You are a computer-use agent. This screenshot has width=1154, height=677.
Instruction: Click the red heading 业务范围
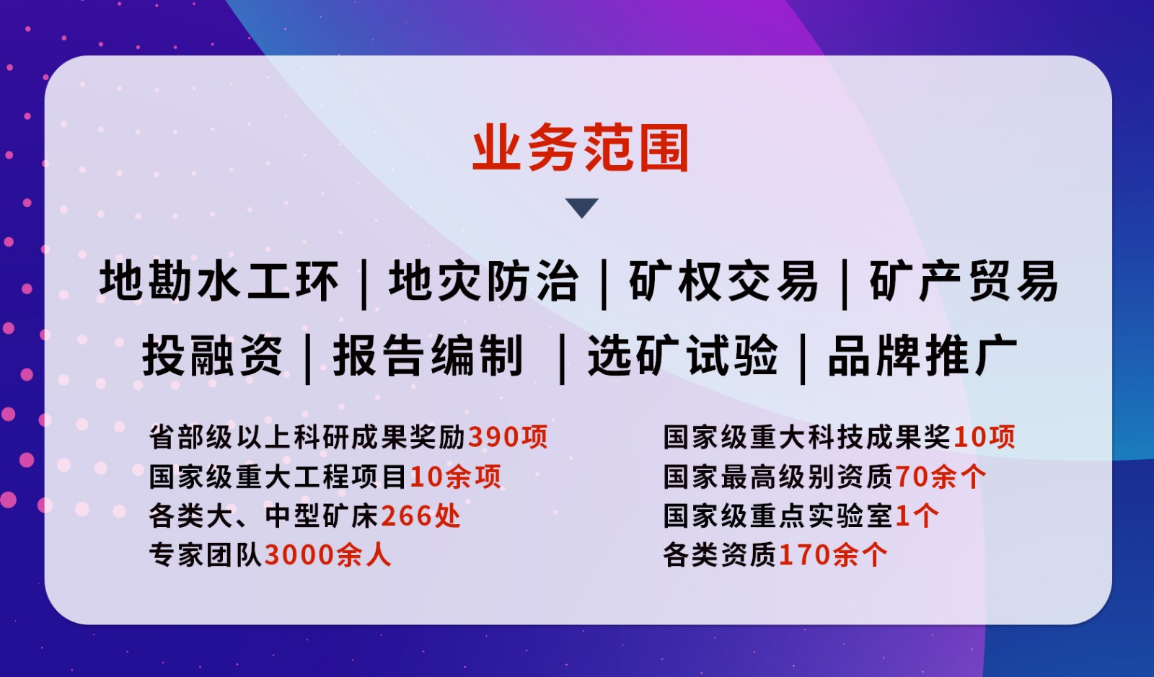(581, 148)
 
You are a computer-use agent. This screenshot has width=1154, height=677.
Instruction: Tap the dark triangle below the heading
(581, 208)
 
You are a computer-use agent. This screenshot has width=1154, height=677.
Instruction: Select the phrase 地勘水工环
(219, 281)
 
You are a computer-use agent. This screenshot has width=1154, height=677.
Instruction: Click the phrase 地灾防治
(483, 281)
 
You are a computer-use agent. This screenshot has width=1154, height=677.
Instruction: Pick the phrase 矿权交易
(723, 281)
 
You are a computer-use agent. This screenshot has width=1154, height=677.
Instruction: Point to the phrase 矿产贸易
(964, 281)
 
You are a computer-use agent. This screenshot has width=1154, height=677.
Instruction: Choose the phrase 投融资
(212, 355)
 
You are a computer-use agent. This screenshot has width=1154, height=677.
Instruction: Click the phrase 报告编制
(428, 355)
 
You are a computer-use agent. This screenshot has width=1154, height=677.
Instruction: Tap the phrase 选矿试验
(682, 355)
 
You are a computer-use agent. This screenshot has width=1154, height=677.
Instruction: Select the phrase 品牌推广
(922, 355)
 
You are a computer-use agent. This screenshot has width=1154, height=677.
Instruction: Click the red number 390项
(508, 437)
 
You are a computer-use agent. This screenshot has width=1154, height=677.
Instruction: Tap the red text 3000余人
(327, 555)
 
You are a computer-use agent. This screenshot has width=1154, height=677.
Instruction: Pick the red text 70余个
(941, 477)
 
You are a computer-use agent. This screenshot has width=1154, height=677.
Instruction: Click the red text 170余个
(833, 555)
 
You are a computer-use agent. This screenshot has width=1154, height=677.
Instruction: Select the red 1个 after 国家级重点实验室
(917, 516)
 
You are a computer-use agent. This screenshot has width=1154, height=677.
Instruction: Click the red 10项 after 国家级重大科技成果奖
(985, 437)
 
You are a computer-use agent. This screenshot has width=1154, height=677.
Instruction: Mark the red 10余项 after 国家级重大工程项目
(455, 477)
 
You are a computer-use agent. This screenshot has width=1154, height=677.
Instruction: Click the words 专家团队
(206, 555)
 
